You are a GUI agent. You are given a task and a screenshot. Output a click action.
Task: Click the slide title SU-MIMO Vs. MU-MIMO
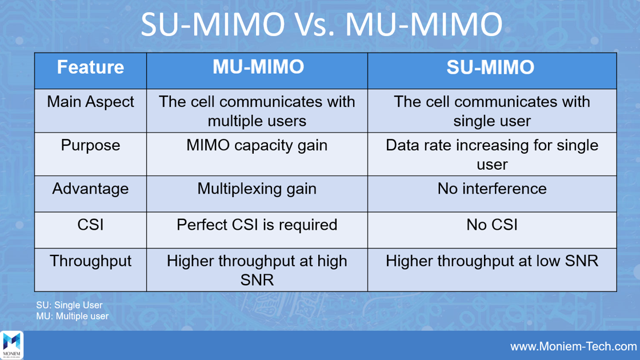pyautogui.click(x=321, y=25)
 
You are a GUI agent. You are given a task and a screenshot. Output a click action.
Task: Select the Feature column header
pyautogui.click(x=90, y=67)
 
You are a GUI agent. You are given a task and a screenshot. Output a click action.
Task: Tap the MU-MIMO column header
pyautogui.click(x=258, y=67)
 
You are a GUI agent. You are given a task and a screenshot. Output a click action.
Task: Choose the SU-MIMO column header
pyautogui.click(x=491, y=67)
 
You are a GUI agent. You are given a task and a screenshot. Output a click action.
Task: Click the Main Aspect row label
pyautogui.click(x=90, y=102)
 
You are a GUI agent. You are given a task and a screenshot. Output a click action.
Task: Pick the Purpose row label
pyautogui.click(x=90, y=145)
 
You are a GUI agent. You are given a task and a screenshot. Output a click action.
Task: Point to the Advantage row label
pyautogui.click(x=90, y=189)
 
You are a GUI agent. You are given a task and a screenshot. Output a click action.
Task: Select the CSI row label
pyautogui.click(x=90, y=225)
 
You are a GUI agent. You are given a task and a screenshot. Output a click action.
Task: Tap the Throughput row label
pyautogui.click(x=90, y=261)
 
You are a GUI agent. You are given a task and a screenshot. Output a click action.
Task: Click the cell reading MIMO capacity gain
pyautogui.click(x=257, y=145)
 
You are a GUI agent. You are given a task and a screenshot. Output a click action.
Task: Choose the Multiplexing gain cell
pyautogui.click(x=257, y=189)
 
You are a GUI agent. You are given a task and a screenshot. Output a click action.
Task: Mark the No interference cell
pyautogui.click(x=491, y=189)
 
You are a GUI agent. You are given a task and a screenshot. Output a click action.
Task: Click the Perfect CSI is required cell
pyautogui.click(x=257, y=225)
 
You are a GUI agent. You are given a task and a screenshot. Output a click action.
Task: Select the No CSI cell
pyautogui.click(x=491, y=225)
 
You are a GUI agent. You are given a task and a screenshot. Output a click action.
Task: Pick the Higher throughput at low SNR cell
pyautogui.click(x=491, y=261)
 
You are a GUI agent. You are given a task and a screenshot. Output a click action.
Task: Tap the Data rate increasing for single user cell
pyautogui.click(x=491, y=154)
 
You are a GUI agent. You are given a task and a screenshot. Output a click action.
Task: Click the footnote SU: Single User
pyautogui.click(x=69, y=306)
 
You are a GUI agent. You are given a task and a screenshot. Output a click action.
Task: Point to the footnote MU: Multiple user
pyautogui.click(x=72, y=316)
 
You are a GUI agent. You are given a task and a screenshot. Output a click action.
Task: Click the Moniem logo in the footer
pyautogui.click(x=12, y=345)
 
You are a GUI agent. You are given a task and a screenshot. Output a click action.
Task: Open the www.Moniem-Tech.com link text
pyautogui.click(x=573, y=346)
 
